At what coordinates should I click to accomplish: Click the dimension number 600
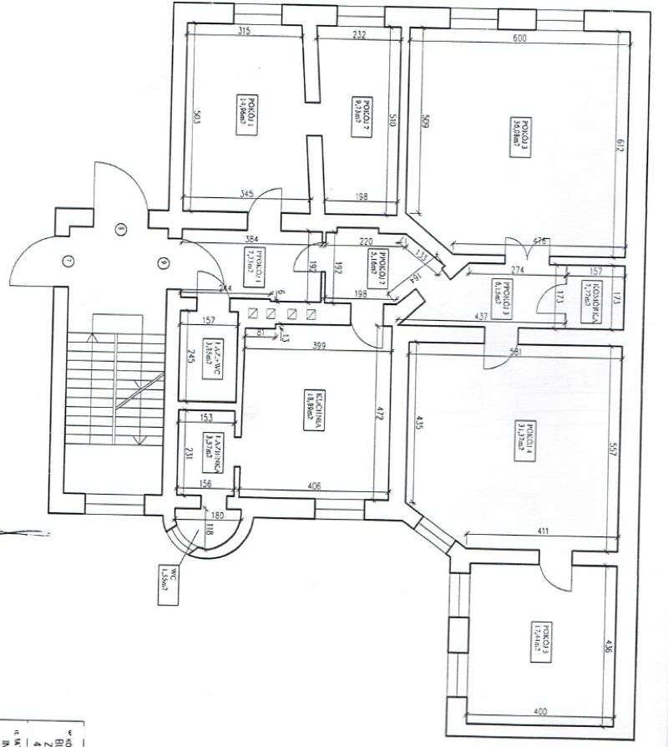519,38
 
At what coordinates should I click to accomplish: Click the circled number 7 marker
69,261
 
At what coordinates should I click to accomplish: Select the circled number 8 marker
120,227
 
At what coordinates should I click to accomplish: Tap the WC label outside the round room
164,577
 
